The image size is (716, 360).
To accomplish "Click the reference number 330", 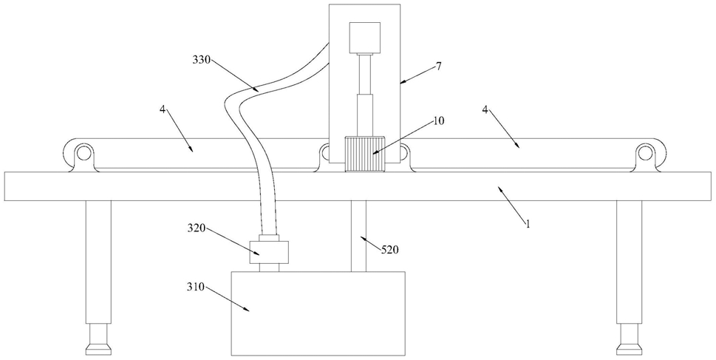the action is pos(201,59).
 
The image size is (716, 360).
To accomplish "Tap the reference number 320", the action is pos(197,228).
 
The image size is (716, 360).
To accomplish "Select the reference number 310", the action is pos(197,288).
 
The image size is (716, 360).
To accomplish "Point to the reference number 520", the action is pos(389,249).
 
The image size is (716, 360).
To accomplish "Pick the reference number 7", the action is pos(439,66).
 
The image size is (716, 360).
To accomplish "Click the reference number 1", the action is pos(528,224).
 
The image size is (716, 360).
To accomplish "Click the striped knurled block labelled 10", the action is pos(365,154).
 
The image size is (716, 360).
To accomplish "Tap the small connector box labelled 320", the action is pos(269,253).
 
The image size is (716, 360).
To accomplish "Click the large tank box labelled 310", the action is pos(318,313).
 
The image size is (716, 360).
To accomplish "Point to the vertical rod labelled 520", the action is pos(358,237).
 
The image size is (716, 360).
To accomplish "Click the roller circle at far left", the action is pos(83,152).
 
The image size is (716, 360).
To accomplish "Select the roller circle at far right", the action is pos(645,152).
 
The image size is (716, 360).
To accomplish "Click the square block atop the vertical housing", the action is pos(365,38).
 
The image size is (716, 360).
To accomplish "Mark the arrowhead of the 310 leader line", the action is pos(248,310).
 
